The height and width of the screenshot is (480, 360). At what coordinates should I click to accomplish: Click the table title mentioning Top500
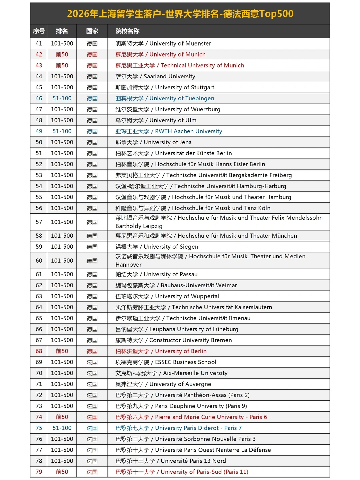(180, 14)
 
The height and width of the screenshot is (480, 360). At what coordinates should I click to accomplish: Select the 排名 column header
(62, 31)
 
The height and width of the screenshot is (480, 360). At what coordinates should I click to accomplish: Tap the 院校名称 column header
(127, 31)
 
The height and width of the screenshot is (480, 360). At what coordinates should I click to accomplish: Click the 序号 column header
(39, 31)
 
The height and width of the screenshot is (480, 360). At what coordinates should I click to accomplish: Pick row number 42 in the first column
(39, 54)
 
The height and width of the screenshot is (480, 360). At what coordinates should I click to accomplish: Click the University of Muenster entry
(163, 43)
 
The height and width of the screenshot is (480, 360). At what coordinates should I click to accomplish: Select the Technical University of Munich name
(180, 65)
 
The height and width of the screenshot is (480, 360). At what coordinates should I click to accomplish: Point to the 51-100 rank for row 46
(62, 98)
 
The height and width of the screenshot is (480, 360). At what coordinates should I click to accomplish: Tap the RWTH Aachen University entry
(169, 131)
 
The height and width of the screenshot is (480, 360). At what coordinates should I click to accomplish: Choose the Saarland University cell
(155, 76)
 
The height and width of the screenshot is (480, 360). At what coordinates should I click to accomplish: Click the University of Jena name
(153, 142)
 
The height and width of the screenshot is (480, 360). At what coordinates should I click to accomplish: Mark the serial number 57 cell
(39, 222)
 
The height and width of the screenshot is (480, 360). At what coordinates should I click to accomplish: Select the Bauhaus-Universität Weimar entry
(176, 285)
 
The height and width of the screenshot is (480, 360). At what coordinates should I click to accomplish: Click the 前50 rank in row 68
(62, 351)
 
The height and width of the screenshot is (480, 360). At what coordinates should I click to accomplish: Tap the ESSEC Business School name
(166, 362)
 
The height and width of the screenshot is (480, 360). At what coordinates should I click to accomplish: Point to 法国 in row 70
(92, 373)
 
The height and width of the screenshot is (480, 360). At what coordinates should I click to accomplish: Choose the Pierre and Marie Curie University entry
(191, 417)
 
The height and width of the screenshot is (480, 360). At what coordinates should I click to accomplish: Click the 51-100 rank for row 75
(62, 428)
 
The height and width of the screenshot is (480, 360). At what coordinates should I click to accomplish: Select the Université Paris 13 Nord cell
(171, 461)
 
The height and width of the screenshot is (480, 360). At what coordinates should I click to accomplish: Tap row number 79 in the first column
(39, 472)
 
